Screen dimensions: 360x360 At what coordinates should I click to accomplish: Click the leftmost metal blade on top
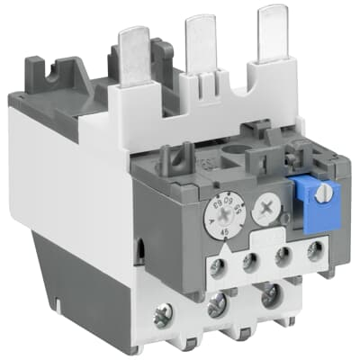pyautogui.click(x=132, y=54)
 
